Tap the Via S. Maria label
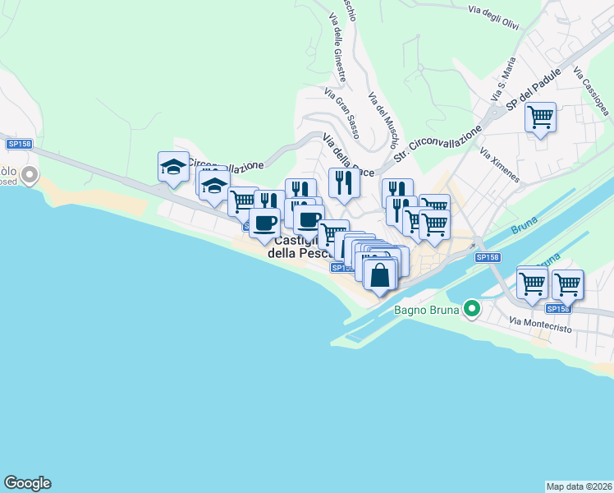pyautogui.click(x=503, y=81)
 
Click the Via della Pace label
pyautogui.click(x=348, y=154)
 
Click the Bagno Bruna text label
pyautogui.click(x=427, y=310)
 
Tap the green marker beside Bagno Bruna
pyautogui.click(x=471, y=309)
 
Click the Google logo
pyautogui.click(x=27, y=483)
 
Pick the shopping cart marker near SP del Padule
pyautogui.click(x=540, y=118)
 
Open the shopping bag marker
pyautogui.click(x=379, y=274)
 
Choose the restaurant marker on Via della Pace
pyautogui.click(x=344, y=182)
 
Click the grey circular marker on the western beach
pyautogui.click(x=30, y=175)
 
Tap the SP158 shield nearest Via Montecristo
pyautogui.click(x=557, y=308)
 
